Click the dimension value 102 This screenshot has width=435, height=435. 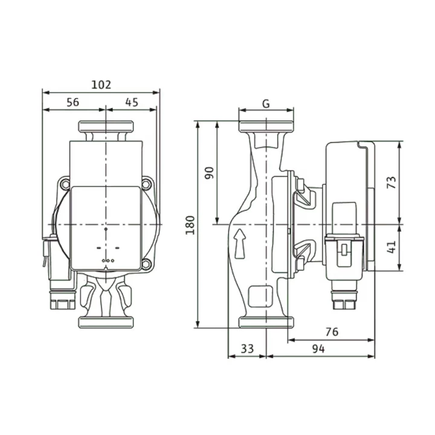click(101, 85)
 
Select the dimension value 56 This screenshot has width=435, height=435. click(72, 102)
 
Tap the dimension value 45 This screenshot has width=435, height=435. click(132, 102)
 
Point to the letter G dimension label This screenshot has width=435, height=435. click(266, 104)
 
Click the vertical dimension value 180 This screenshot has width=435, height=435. click(190, 225)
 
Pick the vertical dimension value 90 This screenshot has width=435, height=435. click(210, 173)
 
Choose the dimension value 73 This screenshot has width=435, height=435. click(391, 182)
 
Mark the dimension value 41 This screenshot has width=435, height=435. click(391, 247)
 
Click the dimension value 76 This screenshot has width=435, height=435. click(332, 332)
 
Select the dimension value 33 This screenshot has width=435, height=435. click(247, 349)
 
